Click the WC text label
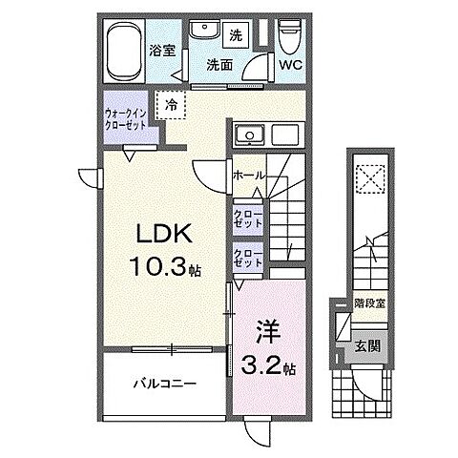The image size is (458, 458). click(290, 66)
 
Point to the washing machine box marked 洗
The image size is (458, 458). click(235, 35)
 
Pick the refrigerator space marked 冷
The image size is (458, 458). click(171, 104)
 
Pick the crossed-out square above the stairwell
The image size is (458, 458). click(366, 178)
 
